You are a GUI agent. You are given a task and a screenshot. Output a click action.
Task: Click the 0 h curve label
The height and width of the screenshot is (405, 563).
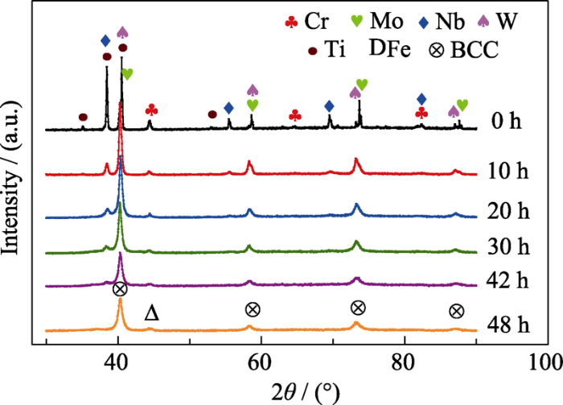[507, 122]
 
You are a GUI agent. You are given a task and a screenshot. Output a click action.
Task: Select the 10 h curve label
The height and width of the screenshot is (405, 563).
[511, 170]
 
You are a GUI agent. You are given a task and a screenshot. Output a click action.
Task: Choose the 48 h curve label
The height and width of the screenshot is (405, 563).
[511, 326]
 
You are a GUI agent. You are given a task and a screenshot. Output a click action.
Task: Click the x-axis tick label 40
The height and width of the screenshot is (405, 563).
[117, 362]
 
